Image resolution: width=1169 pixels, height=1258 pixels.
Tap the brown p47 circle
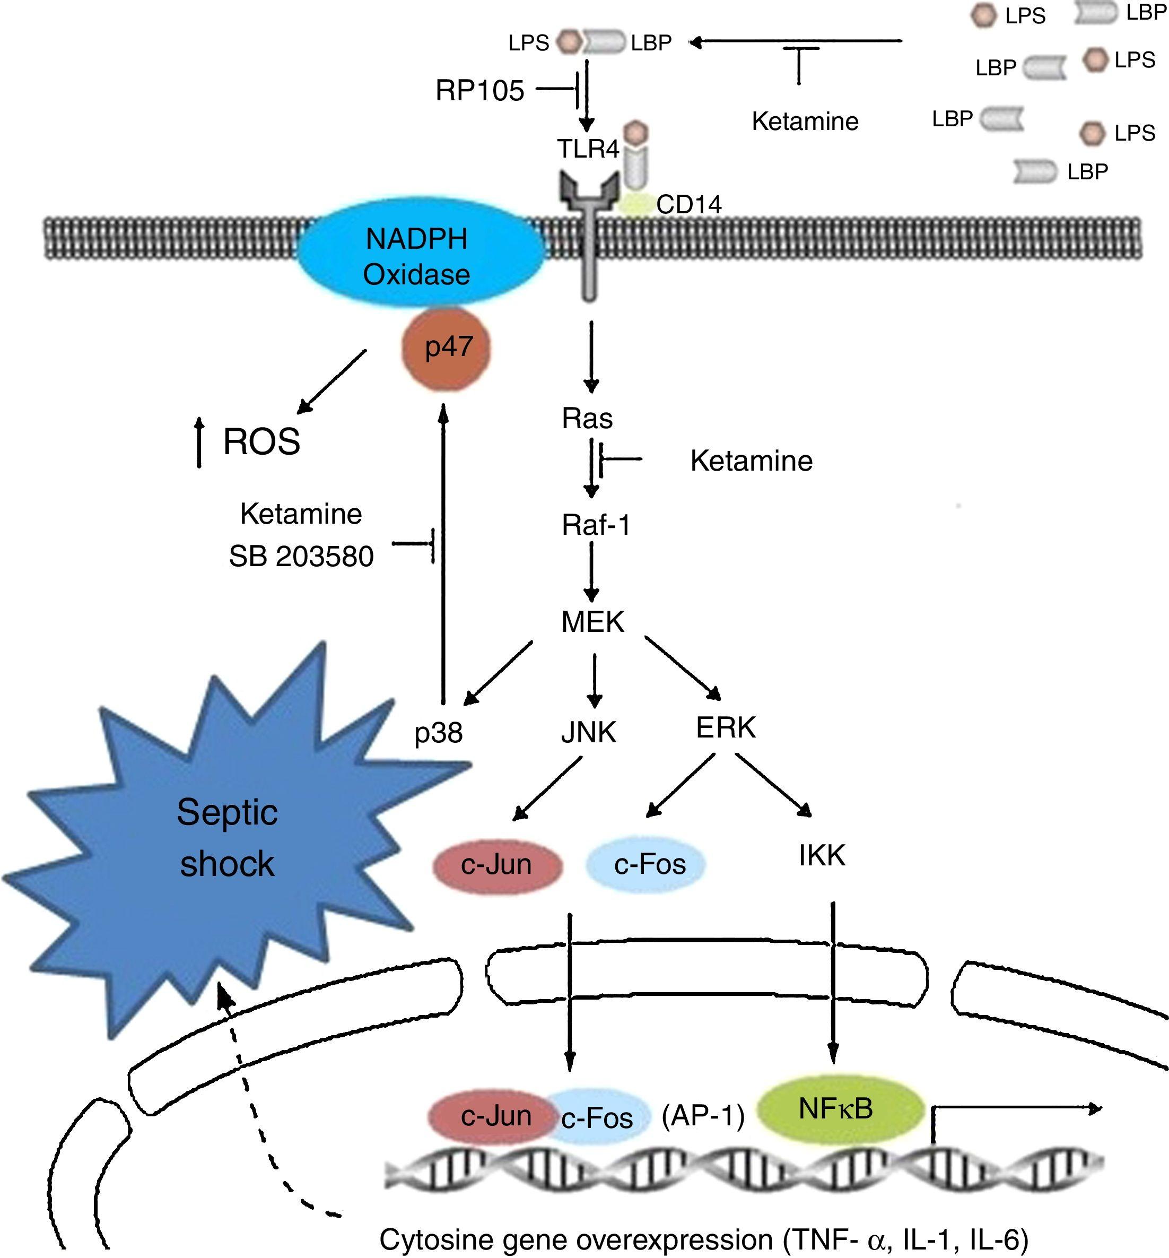447,348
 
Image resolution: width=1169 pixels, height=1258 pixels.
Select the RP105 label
479,91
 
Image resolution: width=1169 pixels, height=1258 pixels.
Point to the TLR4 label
588,149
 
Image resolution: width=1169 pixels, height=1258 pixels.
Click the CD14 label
688,204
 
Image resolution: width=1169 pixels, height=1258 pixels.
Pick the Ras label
587,418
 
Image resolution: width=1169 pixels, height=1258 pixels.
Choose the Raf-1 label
596,525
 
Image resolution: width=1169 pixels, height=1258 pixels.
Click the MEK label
593,622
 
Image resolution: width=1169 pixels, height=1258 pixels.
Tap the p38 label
438,733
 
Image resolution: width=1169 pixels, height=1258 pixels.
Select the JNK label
588,732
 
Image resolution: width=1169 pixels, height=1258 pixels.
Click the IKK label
822,855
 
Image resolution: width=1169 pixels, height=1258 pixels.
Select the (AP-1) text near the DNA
703,1116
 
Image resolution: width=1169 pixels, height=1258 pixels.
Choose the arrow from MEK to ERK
683,668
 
